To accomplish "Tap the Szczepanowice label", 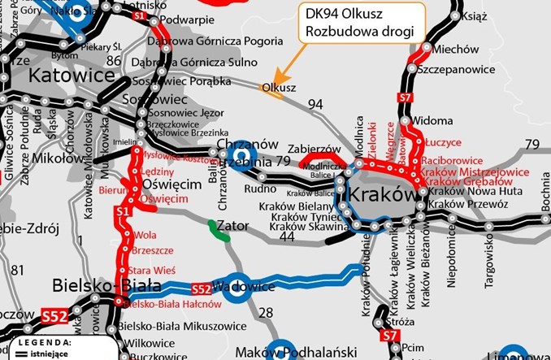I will point(459,71).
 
